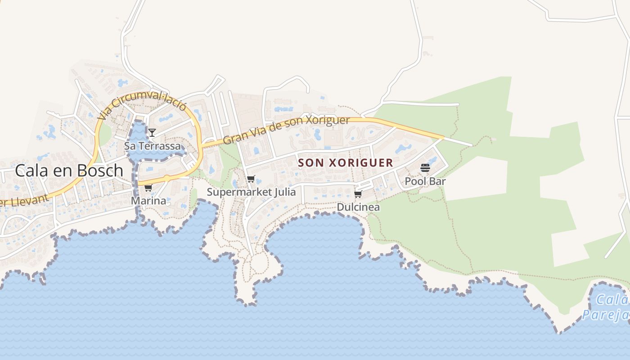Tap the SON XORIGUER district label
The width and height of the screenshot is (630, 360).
tap(346, 163)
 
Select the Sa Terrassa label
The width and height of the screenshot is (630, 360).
tap(152, 146)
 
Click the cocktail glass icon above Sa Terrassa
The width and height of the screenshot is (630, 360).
tap(152, 132)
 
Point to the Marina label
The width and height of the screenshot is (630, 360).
tap(148, 201)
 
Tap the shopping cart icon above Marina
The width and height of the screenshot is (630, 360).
tap(148, 188)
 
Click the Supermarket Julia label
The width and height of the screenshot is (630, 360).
tap(251, 192)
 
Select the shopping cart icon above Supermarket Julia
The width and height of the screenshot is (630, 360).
tap(251, 179)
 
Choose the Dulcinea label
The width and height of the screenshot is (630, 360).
tap(358, 207)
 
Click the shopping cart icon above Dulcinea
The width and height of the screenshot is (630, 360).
tap(358, 194)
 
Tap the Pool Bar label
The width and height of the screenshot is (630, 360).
tap(425, 181)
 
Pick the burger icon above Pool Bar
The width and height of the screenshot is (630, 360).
tap(425, 168)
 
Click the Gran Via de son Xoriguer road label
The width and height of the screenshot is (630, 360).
tap(286, 130)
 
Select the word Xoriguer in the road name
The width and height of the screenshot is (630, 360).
tap(327, 121)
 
